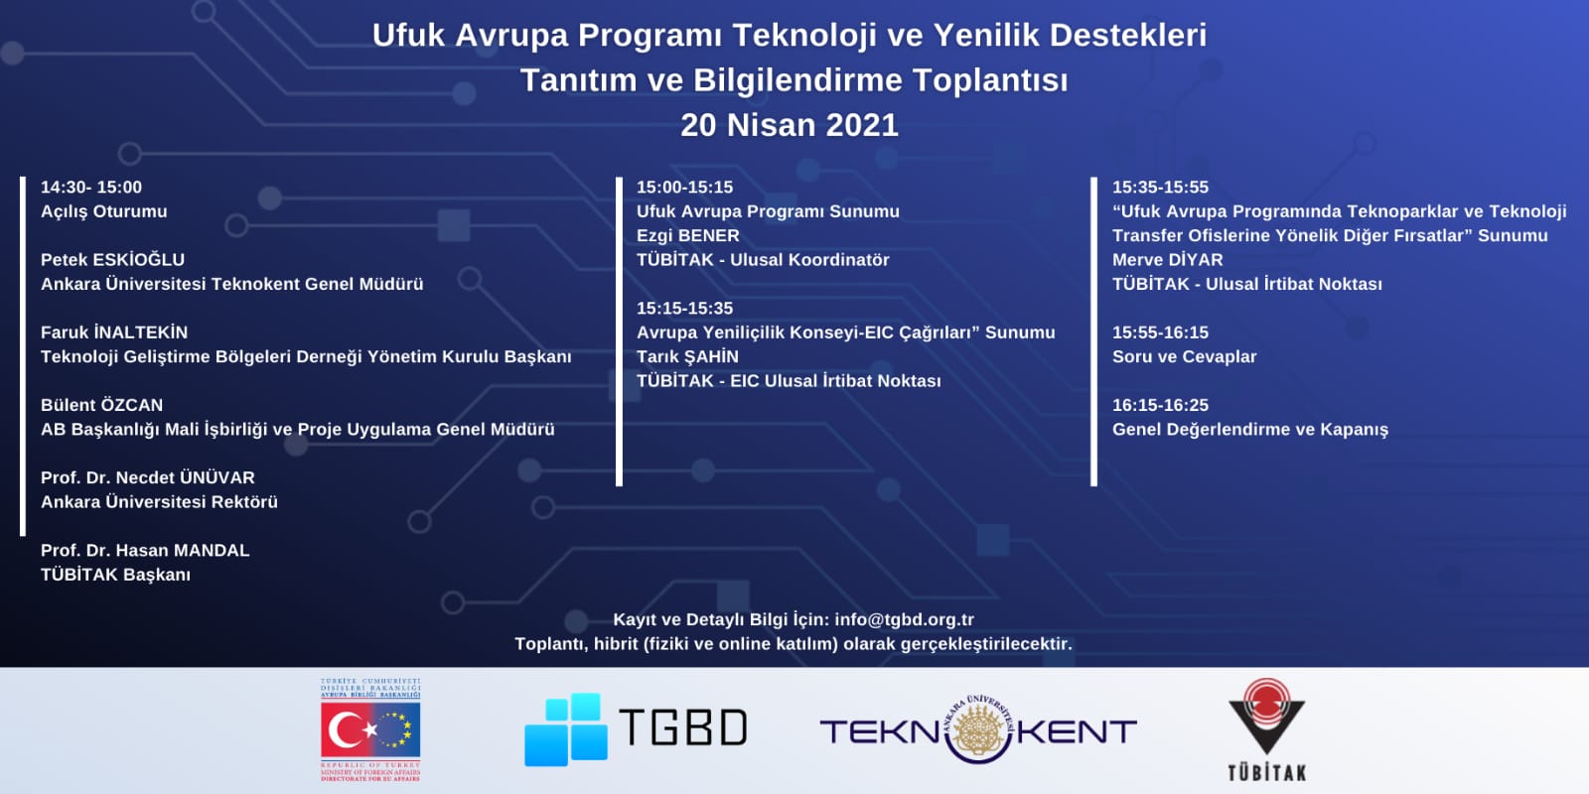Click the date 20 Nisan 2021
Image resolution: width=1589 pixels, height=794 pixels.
click(790, 125)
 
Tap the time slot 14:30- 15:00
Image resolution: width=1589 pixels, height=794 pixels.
click(90, 188)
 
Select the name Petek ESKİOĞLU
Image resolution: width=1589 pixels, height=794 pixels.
click(112, 259)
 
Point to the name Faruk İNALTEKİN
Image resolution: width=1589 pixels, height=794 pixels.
click(114, 331)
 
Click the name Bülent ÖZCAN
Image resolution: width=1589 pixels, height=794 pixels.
click(101, 405)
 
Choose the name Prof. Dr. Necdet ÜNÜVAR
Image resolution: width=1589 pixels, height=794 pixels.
click(148, 477)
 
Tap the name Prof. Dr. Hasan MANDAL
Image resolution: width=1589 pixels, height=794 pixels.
click(145, 550)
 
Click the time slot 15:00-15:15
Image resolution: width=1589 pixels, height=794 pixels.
click(684, 188)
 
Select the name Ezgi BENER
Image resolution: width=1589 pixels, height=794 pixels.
click(687, 235)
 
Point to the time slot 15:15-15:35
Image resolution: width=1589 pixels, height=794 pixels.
click(684, 309)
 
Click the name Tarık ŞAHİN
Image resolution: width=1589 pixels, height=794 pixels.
click(687, 356)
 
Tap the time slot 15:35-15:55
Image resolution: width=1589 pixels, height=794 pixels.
click(1160, 188)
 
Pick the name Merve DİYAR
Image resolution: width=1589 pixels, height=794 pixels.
click(1167, 259)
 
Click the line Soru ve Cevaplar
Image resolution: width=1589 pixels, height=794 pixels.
click(1184, 356)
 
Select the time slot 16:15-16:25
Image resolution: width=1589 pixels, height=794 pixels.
click(1160, 405)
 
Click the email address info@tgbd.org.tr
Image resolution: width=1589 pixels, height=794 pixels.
click(905, 619)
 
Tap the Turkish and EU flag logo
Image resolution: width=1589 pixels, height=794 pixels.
click(370, 730)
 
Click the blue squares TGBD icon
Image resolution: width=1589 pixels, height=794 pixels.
click(565, 729)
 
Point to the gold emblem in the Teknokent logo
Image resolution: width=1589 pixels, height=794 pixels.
click(979, 728)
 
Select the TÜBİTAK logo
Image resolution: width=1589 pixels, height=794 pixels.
click(1267, 729)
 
